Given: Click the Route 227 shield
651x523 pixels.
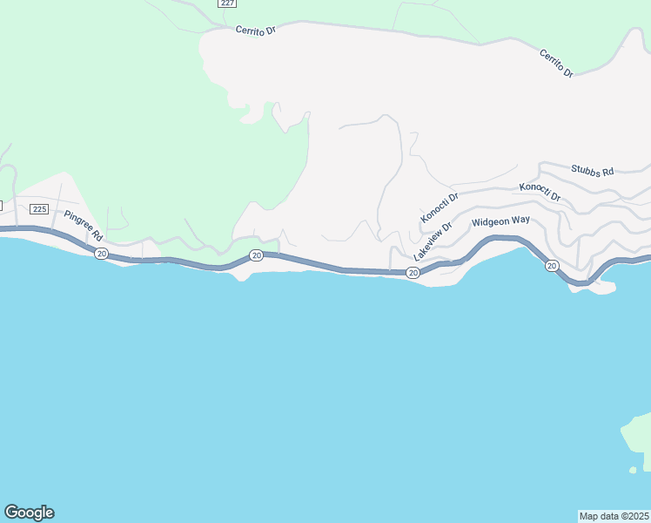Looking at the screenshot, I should [x=227, y=3].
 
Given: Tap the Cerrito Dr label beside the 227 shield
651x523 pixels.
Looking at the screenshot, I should [x=255, y=30].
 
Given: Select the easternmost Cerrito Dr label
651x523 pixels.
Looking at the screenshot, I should [x=556, y=64].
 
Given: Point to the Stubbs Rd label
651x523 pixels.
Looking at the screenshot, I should [x=593, y=171].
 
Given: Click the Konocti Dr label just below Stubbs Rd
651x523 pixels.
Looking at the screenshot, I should [x=540, y=193].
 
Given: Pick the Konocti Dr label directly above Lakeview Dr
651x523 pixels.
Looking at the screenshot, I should [x=440, y=207].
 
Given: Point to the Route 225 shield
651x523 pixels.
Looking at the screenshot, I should [x=39, y=209].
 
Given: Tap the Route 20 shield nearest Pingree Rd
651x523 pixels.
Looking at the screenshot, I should [x=102, y=254].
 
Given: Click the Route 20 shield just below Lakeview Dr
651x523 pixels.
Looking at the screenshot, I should [x=413, y=273].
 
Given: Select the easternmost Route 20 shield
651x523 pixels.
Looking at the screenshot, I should [x=552, y=266].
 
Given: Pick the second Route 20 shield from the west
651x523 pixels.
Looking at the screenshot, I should [x=256, y=255].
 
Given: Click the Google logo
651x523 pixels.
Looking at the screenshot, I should [x=29, y=513].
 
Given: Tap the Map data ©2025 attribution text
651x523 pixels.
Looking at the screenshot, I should [x=614, y=516].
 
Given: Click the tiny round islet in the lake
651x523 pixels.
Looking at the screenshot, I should [x=633, y=471].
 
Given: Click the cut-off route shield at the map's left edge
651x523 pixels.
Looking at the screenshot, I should [x=2, y=205].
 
